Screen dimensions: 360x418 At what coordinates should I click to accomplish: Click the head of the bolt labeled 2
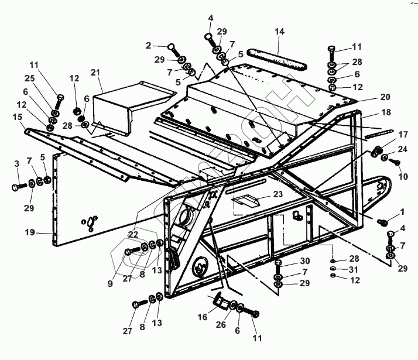pos(170,46)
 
